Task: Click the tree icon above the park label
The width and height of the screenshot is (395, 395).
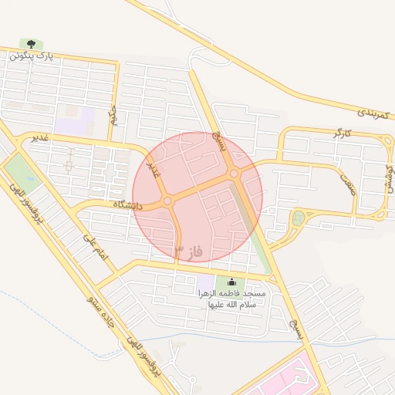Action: pos(32,44)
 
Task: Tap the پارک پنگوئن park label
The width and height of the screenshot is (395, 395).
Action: pos(35,56)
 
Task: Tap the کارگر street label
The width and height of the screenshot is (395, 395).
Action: pos(342,134)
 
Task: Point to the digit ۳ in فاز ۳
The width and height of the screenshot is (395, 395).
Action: pos(180,251)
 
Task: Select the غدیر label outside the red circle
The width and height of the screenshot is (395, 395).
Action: pos(40,137)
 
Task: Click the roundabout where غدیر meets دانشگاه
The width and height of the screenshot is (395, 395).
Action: pos(167,201)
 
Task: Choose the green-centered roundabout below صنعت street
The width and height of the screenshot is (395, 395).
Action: pos(299,218)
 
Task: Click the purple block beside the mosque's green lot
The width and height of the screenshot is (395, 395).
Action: pos(205,284)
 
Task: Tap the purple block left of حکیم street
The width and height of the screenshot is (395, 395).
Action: pos(75,120)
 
